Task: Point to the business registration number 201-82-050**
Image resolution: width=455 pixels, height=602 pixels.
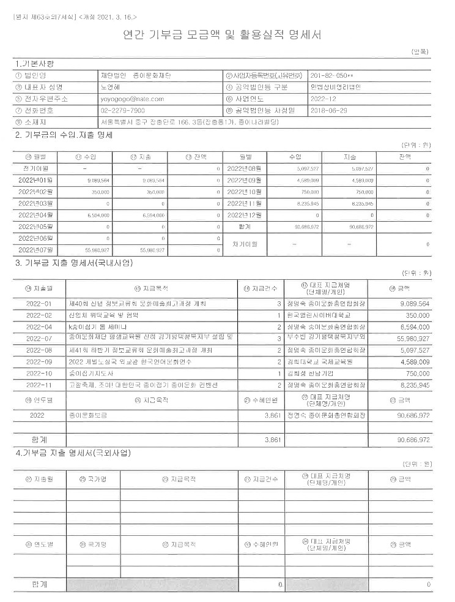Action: pos(332,75)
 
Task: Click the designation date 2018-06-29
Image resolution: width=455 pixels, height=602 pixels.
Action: pos(330,110)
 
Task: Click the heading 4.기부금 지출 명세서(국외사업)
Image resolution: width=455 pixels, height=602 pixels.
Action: pos(73,453)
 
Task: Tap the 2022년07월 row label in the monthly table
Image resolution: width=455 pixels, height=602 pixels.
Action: pos(38,250)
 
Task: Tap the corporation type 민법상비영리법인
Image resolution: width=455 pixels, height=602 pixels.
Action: pos(335,86)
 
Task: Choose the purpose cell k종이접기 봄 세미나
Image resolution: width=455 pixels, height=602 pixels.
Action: pos(97,326)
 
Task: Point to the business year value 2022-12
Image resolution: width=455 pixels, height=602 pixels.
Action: pos(322,98)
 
